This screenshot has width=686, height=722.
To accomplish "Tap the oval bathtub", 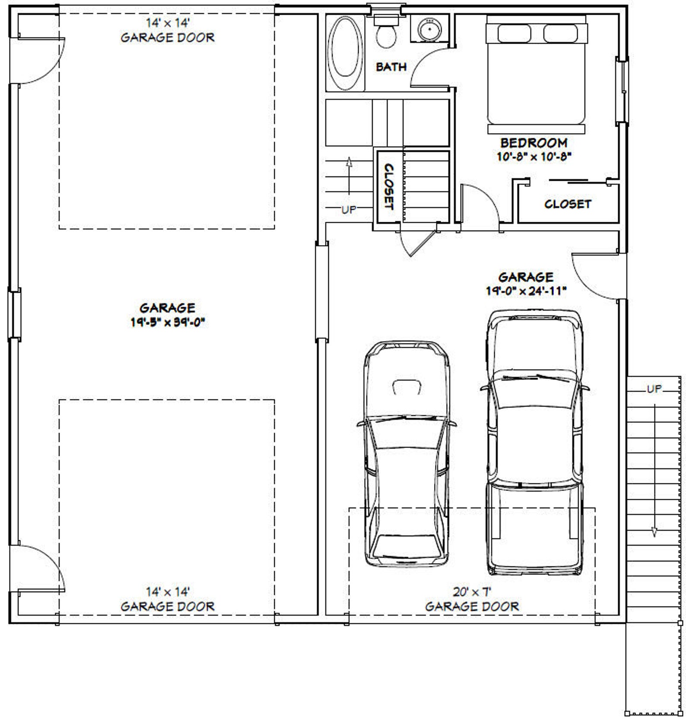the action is click(x=346, y=54).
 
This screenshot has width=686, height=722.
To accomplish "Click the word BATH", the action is click(x=391, y=67).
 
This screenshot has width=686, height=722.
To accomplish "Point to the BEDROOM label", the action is click(x=534, y=143).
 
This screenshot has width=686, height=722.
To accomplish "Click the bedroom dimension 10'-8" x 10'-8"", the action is click(x=534, y=157).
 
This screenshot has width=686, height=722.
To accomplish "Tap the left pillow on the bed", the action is click(x=517, y=33).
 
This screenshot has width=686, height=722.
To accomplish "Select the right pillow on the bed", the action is click(x=560, y=33).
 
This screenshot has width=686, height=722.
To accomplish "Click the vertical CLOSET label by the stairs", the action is click(x=389, y=186).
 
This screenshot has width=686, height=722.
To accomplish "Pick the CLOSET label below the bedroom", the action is click(x=568, y=204).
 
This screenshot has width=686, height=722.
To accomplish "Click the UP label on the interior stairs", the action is click(x=349, y=210).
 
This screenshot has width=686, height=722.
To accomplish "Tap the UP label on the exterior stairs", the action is click(x=654, y=389).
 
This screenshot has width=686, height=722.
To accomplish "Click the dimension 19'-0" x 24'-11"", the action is click(x=526, y=291).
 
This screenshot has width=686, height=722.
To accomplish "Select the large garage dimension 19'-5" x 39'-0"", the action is click(x=167, y=322).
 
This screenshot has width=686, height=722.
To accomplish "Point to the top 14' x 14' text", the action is click(x=167, y=23).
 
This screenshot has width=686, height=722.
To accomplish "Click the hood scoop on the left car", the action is click(x=407, y=387).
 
